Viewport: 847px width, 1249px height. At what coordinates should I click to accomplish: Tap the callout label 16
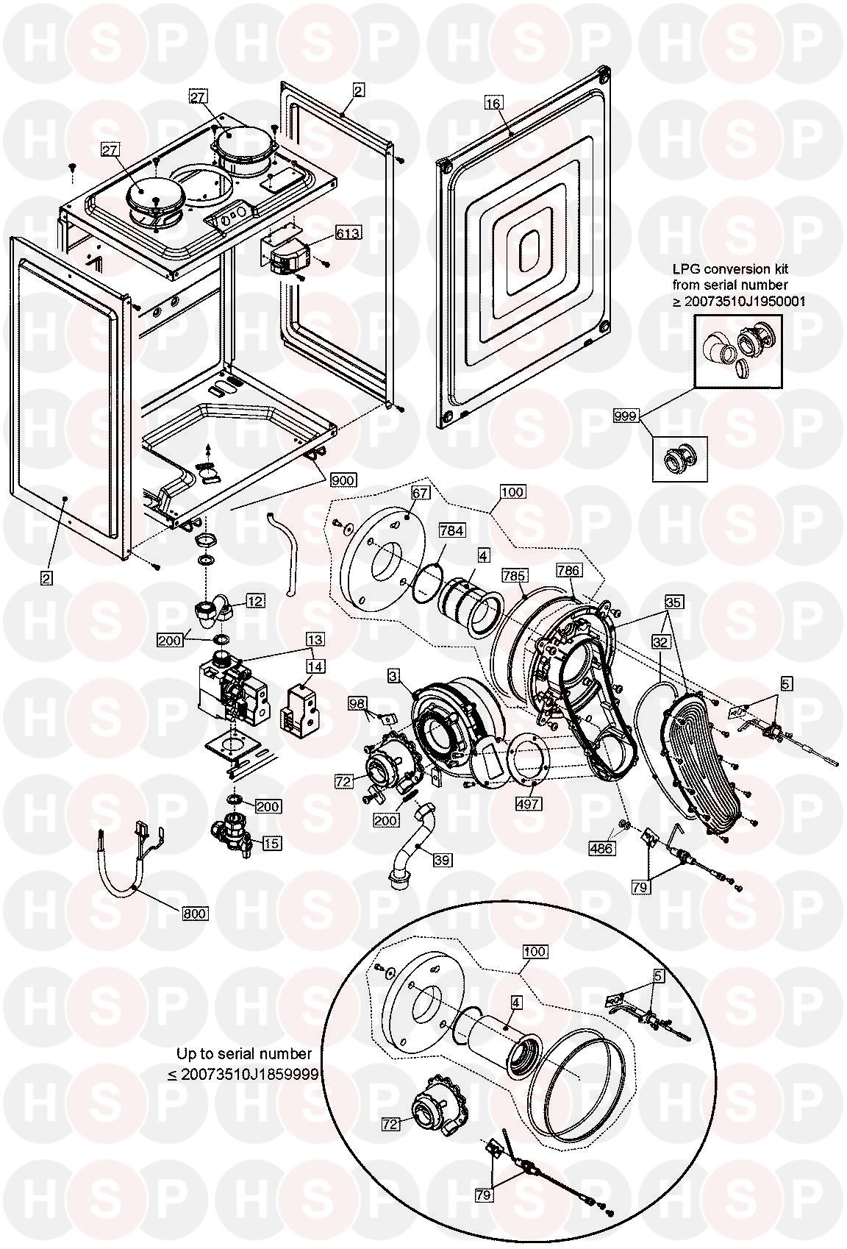point(493,104)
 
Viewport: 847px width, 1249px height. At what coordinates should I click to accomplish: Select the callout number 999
point(625,417)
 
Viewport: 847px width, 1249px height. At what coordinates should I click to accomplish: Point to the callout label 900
point(343,480)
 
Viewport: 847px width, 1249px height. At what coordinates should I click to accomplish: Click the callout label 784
point(451,530)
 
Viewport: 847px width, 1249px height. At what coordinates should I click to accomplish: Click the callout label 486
point(601,848)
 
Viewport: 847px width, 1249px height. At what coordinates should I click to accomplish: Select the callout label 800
point(196,914)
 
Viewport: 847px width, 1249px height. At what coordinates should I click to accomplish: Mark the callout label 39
point(441,858)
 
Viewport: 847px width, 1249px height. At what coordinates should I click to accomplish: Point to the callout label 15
point(272,843)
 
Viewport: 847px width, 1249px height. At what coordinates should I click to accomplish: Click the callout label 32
point(660,641)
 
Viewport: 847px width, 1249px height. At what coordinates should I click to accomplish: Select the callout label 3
point(394,675)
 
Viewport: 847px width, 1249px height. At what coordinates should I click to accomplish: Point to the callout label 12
point(255,601)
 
